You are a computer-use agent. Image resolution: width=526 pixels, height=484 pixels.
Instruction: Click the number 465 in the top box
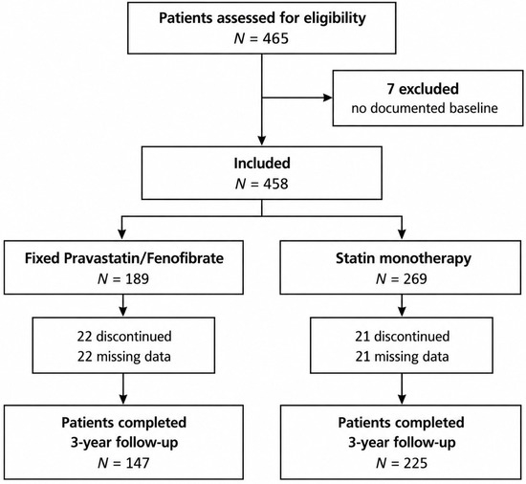pos(275,39)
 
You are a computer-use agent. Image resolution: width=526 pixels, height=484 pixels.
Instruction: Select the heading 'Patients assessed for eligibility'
pos(262,18)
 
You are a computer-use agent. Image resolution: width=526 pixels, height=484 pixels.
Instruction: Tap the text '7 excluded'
pos(423,89)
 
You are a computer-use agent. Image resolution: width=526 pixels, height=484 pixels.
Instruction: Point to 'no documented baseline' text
pos(425,108)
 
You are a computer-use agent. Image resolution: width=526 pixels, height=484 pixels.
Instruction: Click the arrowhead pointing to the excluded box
pos(327,98)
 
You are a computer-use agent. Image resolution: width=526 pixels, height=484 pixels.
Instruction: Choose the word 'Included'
pos(262,163)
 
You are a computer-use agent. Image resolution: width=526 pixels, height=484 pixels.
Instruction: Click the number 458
pos(275,184)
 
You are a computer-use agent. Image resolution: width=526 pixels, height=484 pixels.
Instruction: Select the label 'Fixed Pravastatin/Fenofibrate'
pos(124,258)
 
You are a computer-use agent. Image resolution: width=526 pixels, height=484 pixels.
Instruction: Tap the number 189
pos(136,279)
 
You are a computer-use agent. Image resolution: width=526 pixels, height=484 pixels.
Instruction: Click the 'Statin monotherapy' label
pos(404,258)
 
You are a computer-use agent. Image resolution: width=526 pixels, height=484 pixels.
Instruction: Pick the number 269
pos(414,279)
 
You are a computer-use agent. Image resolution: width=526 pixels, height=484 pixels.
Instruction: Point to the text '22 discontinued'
pos(124,337)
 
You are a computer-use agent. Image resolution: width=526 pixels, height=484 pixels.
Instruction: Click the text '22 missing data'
pos(124,356)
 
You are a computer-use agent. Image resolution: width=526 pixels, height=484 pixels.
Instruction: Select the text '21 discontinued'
pos(403,337)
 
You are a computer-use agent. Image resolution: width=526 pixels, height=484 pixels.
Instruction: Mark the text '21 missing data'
pos(403,356)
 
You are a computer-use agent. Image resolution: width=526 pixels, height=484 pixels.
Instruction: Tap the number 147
pos(137,463)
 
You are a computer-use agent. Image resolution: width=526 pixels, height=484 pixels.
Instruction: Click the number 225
pos(415,463)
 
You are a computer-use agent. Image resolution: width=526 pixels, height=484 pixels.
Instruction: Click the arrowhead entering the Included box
pos(262,141)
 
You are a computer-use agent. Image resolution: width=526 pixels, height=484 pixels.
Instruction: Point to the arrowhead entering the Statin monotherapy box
pos(402,234)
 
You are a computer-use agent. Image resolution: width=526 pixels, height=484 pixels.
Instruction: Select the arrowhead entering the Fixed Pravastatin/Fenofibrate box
pos(122,234)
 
